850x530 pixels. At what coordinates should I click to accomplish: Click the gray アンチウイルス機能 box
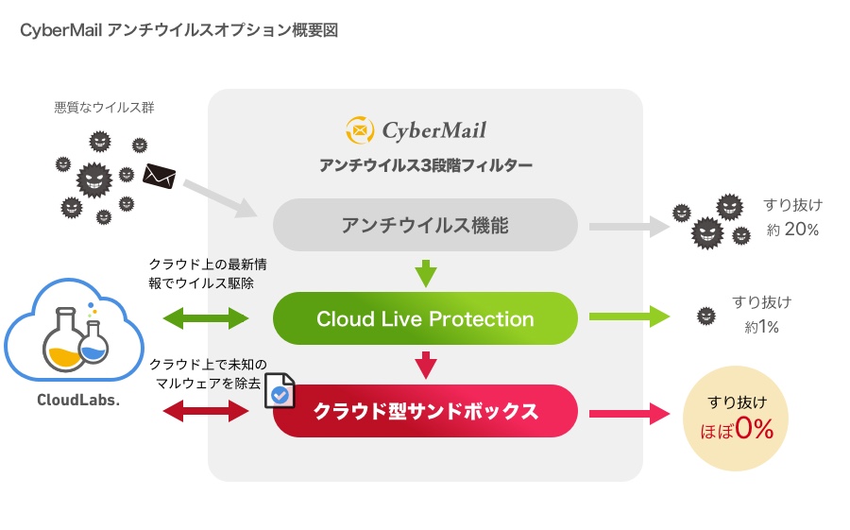425,225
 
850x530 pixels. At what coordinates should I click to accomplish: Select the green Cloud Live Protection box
425,318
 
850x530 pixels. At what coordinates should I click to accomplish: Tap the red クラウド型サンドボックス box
425,411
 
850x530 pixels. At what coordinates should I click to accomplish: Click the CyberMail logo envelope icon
360,129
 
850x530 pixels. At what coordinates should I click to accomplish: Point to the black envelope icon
160,175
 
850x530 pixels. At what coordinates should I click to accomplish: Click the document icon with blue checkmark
280,393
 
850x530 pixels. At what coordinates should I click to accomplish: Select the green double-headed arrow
207,318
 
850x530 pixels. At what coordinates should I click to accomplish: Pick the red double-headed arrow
207,411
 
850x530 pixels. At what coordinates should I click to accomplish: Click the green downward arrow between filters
426,273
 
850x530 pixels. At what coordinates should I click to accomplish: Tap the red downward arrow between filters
426,364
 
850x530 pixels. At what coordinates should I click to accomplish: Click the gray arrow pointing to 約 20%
627,226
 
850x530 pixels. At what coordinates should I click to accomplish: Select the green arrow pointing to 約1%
627,318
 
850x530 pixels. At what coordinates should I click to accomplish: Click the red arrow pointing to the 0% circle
627,412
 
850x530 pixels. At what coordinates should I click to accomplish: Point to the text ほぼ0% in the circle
736,430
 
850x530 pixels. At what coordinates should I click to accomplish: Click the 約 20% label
793,230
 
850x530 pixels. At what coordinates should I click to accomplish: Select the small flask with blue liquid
94,345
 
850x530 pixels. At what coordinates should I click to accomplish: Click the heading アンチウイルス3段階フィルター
425,166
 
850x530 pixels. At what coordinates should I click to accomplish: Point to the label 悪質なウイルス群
104,108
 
